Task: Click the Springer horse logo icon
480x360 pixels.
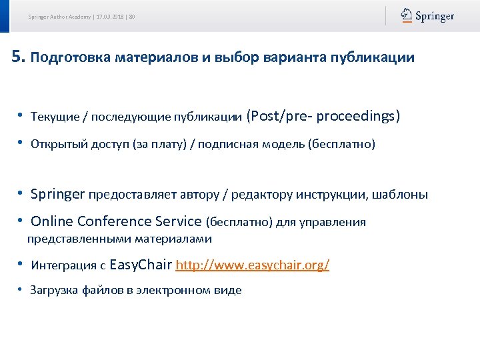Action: click(406, 15)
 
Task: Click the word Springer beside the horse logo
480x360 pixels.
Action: click(435, 16)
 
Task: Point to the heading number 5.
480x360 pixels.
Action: click(18, 57)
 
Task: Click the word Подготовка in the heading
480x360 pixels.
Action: click(71, 58)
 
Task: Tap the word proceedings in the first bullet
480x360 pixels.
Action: click(358, 117)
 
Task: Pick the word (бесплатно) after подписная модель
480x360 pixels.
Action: click(342, 144)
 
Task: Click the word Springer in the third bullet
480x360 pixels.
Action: click(58, 195)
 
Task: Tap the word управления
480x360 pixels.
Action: click(334, 222)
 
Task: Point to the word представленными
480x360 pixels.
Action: click(79, 239)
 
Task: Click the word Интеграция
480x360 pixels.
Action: click(64, 265)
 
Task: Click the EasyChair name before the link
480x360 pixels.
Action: click(140, 265)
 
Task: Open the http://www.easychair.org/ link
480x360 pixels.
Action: click(253, 265)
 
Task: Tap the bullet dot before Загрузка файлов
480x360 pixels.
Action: click(21, 289)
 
